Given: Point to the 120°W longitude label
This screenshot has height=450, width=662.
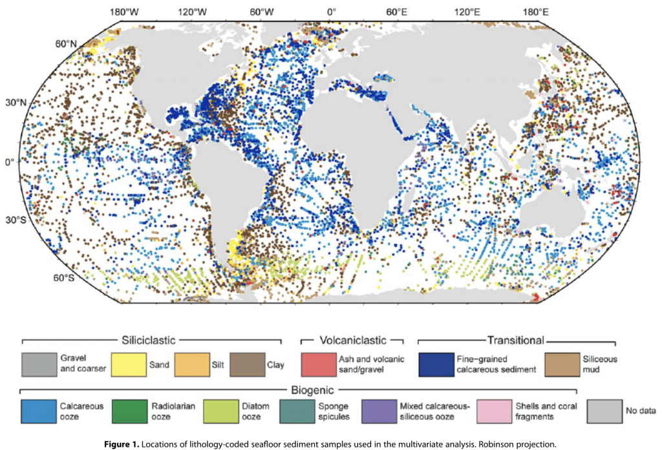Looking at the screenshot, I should point(193,12).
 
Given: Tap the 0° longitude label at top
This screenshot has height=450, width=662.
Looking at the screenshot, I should point(331,12).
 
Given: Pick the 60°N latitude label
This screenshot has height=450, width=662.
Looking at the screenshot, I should point(65,43).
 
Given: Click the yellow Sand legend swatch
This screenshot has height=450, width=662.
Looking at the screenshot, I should point(129,365).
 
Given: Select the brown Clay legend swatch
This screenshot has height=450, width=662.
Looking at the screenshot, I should point(248,365).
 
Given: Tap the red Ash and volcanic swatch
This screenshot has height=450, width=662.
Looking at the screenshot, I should point(319,365).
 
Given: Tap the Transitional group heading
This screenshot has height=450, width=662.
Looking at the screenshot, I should point(515,339).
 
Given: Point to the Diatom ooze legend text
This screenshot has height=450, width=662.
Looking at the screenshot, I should point(257,412).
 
